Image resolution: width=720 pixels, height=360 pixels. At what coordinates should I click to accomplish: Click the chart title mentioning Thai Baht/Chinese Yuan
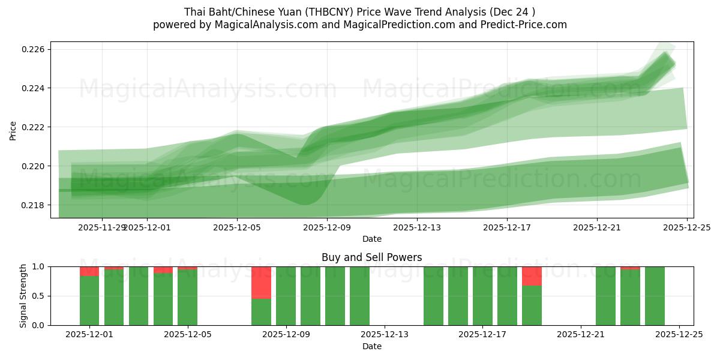coord(359,12)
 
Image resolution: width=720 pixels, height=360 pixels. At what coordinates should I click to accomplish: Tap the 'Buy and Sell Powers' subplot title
coord(371,257)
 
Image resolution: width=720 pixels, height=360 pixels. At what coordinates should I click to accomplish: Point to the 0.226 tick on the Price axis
coord(34,49)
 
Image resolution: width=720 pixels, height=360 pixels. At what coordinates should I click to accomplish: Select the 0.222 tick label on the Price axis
coord(34,127)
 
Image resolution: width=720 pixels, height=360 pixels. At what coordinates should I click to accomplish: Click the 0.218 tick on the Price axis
coord(34,205)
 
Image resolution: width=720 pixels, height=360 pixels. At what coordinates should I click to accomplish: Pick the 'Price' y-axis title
coord(13,130)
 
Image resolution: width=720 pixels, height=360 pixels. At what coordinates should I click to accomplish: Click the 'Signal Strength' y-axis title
coord(23,296)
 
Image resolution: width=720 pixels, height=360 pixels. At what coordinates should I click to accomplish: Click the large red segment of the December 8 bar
coord(261,282)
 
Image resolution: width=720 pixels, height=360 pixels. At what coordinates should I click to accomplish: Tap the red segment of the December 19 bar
coord(532,276)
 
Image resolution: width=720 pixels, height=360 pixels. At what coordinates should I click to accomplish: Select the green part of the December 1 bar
coord(89,300)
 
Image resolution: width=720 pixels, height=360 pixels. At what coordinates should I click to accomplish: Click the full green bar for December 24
coord(655,296)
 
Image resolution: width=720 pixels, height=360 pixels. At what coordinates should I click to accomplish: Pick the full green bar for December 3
coord(139,296)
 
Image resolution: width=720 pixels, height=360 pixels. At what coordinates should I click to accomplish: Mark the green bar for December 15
coord(433,296)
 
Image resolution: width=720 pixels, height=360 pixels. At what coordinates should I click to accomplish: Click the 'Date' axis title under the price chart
coord(371,239)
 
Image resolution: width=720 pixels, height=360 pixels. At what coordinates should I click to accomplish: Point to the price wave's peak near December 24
coord(665,54)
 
